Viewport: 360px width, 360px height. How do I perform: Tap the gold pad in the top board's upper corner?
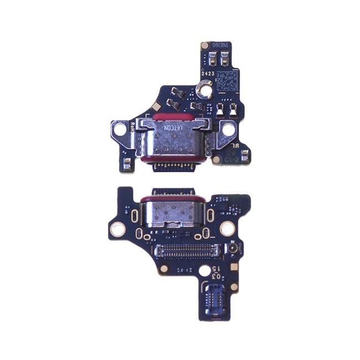[x=205, y=45]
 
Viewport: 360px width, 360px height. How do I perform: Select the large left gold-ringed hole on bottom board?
[x=117, y=228]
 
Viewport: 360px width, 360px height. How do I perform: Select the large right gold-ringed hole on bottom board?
[x=227, y=228]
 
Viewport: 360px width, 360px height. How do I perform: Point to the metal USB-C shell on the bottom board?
[x=172, y=216]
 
